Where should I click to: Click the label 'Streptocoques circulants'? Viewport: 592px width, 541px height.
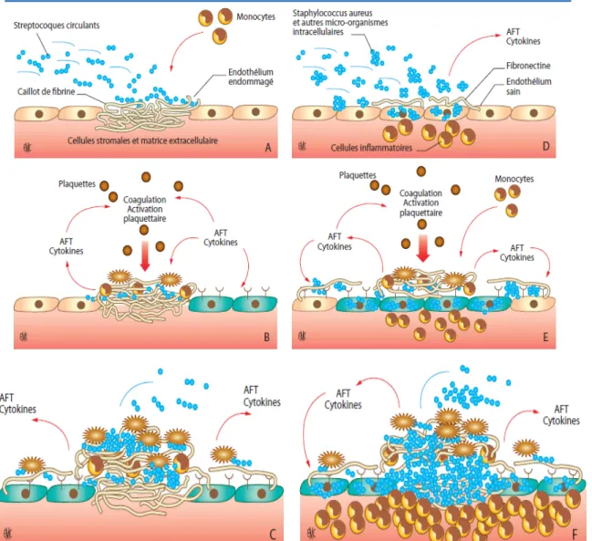[57, 26]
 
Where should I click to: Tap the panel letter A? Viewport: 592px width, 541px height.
[268, 147]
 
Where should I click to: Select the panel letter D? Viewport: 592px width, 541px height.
[546, 146]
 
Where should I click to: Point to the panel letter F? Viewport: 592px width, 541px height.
[575, 535]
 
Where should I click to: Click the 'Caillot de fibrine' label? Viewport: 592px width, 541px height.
[46, 92]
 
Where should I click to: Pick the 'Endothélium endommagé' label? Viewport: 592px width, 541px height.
[251, 77]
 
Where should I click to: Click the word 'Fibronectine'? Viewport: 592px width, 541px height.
[528, 66]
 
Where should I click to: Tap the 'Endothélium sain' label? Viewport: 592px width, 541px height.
[528, 87]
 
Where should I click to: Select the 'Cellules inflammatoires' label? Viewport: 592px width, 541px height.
[371, 148]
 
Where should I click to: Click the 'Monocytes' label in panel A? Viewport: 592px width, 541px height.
[256, 16]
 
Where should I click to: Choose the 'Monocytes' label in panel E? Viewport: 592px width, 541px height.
[514, 179]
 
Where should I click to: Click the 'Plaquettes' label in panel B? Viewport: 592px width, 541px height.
[77, 184]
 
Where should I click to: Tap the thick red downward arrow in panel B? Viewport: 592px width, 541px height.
[145, 256]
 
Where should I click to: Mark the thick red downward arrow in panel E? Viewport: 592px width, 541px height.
[423, 248]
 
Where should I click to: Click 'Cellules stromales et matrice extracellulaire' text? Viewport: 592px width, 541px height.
[142, 140]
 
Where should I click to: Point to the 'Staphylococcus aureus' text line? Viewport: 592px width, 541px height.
[333, 13]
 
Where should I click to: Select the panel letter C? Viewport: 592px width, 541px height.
[273, 535]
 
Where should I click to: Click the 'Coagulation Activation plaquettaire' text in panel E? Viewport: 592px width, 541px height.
[421, 203]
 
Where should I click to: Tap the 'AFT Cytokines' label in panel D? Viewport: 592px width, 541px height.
[524, 36]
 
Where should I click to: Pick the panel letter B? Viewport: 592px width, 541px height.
[267, 337]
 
